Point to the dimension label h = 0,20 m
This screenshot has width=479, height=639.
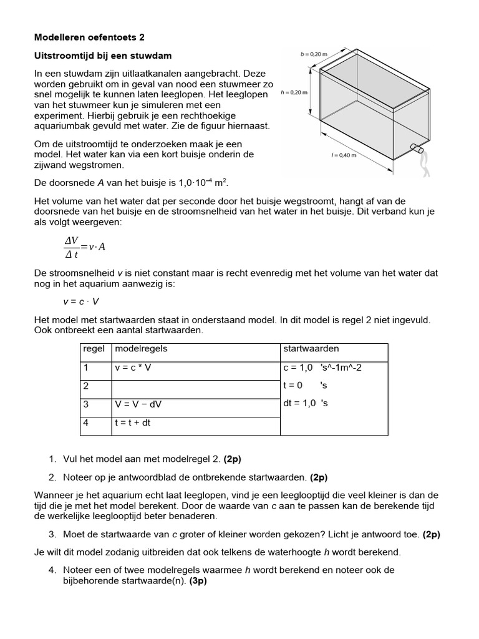click(294, 92)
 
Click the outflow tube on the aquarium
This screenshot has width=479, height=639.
click(416, 150)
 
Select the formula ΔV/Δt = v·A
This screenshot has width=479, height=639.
click(85, 246)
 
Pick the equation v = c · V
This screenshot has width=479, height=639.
click(80, 301)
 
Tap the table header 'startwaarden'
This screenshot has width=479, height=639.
click(311, 349)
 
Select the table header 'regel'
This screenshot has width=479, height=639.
click(94, 349)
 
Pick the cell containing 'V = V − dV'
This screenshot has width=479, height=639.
click(138, 404)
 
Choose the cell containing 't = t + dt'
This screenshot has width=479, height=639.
click(132, 422)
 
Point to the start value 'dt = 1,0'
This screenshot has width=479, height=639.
click(299, 403)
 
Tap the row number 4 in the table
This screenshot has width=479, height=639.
click(86, 422)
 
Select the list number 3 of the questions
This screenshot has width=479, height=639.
click(52, 534)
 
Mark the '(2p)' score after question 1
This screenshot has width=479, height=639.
click(232, 459)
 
